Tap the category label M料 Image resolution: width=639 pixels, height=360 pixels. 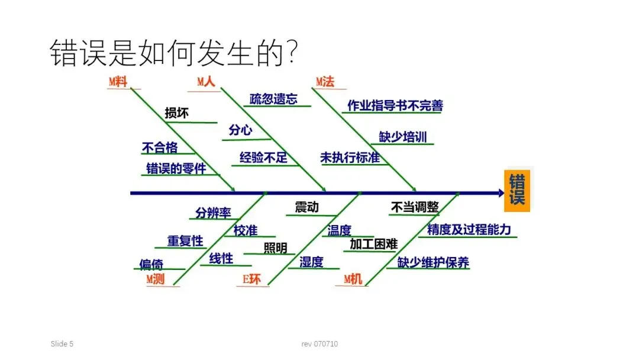pos(118,82)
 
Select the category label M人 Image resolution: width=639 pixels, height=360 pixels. pos(206,82)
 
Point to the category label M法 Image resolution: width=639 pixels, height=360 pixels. pos(325,82)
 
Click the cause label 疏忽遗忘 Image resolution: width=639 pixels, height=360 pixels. pos(273,99)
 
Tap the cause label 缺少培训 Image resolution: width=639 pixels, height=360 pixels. pos(402,137)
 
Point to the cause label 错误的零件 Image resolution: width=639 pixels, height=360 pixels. pos(176,168)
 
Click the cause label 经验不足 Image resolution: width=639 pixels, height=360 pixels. pos(263,157)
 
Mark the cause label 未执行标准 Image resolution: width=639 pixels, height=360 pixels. pos(350,158)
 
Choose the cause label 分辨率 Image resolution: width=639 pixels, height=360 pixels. pos(214,213)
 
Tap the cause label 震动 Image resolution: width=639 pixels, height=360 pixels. pos(306,207)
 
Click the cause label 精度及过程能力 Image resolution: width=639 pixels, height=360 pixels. pos(469,230)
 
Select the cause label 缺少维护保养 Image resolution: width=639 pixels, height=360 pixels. pos(433,262)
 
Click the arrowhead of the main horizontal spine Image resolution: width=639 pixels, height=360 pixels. pos(500,192)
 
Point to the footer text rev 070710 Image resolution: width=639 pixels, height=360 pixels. pos(319,344)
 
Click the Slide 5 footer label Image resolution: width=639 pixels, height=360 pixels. pos(62,344)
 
